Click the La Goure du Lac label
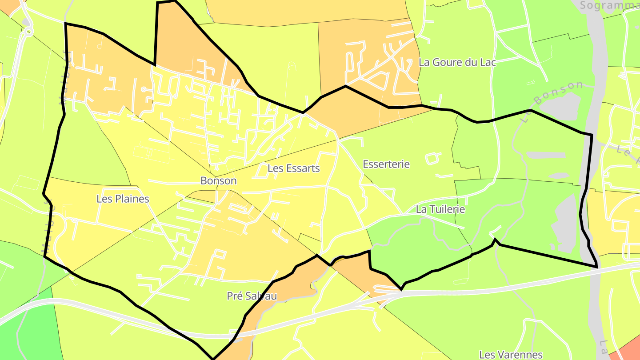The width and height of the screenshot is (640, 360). pos(457,63)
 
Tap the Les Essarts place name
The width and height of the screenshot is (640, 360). pos(293,168)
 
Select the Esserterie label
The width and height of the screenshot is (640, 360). pos(386,164)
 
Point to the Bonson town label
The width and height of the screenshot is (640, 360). pos(218,181)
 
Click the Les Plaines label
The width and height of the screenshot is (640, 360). pos(123,199)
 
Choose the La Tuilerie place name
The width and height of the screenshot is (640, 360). pos(440,209)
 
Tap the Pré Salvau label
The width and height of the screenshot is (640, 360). pos(252,296)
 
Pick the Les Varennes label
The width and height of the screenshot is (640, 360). pos(511,355)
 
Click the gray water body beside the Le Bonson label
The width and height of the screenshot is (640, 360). pos(562,107)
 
